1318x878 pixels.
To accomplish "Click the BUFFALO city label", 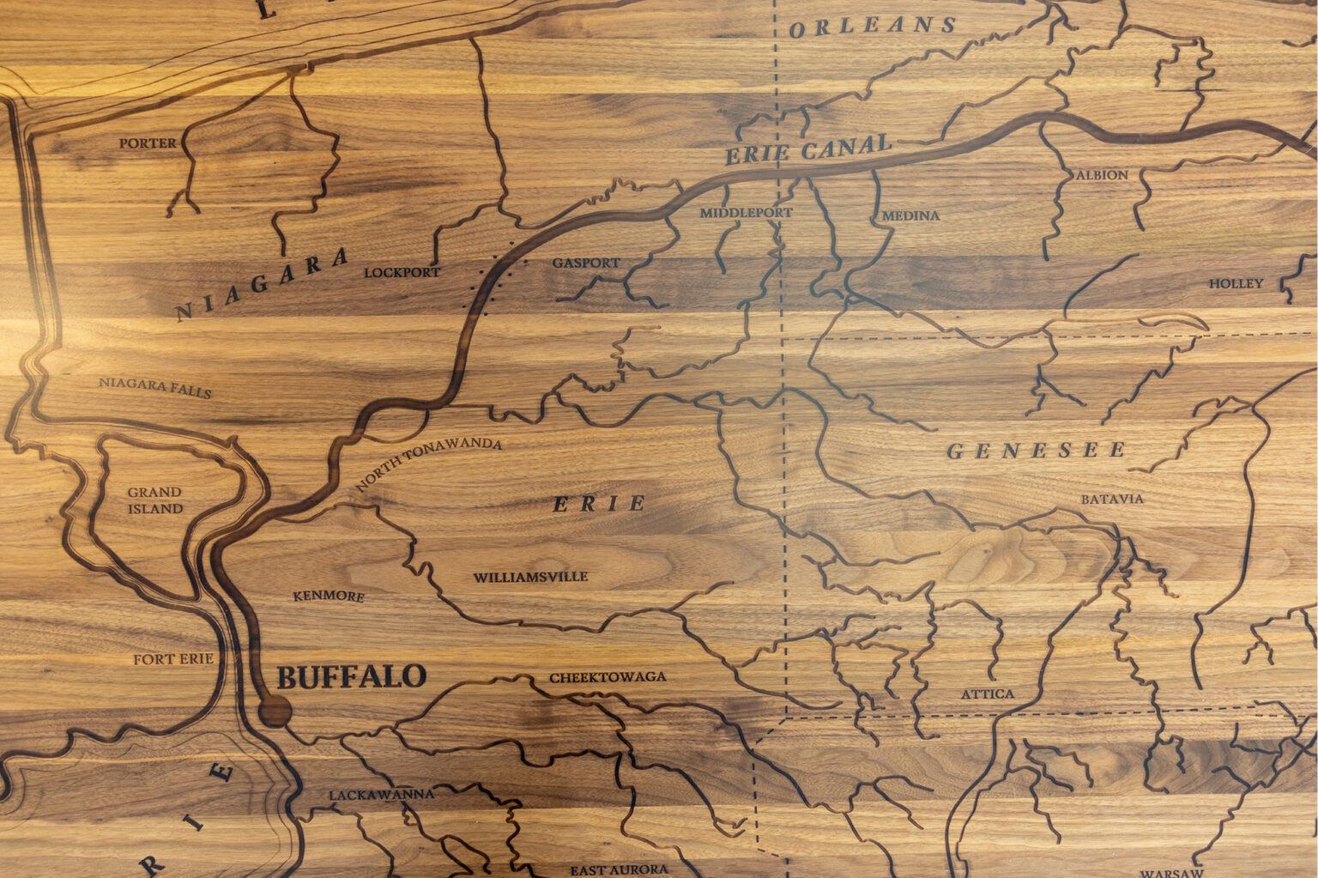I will (x=351, y=677).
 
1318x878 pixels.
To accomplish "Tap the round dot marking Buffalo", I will (x=275, y=711).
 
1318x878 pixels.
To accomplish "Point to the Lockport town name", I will (x=402, y=273).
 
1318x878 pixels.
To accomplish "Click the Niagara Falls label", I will (x=154, y=387).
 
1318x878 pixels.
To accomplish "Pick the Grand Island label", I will (x=155, y=500).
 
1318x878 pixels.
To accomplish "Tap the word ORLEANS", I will (x=872, y=27).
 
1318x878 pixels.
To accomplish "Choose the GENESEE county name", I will (x=1037, y=451).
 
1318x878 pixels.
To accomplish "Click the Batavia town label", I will (x=1111, y=499).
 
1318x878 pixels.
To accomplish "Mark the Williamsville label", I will (x=530, y=578).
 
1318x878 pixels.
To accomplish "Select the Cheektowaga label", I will (x=608, y=677).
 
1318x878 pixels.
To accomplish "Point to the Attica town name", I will (x=987, y=693).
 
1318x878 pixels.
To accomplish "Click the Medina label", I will (x=910, y=215).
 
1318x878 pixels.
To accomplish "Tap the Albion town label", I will (x=1102, y=175).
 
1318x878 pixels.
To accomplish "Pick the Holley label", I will (x=1236, y=283).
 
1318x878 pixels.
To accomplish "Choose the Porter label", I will (x=148, y=143).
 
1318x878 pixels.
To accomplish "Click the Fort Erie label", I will (x=172, y=659).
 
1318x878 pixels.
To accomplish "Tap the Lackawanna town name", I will (x=381, y=795).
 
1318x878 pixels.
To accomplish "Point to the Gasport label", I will (x=585, y=263).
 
